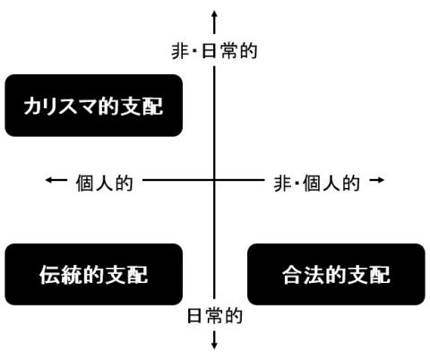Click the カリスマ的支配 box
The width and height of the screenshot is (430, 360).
[x=94, y=106]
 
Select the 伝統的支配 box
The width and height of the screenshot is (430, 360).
[x=94, y=274]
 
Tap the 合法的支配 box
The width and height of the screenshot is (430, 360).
[x=336, y=274]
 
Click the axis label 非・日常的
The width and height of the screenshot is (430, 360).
[x=214, y=51]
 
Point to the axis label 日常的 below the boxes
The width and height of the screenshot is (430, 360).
[x=214, y=316]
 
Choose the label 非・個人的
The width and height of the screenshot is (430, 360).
[x=316, y=183]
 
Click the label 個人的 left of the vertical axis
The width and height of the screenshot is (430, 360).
[x=104, y=183]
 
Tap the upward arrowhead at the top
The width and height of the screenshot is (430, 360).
[x=214, y=13]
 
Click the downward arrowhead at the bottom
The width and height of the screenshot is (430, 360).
[x=214, y=346]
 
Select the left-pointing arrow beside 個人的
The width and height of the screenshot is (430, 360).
[x=56, y=180]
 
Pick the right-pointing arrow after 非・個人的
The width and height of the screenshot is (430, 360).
[x=377, y=180]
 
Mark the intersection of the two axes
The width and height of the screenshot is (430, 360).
[x=214, y=180]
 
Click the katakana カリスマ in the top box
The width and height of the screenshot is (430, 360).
[x=61, y=106]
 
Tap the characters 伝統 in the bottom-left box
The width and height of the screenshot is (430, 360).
[x=61, y=275]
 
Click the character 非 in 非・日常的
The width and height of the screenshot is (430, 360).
[x=180, y=51]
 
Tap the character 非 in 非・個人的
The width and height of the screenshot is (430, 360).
[x=282, y=183]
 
